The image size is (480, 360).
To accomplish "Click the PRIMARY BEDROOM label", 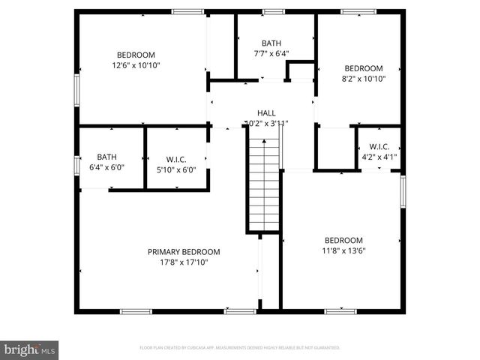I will click(184, 252).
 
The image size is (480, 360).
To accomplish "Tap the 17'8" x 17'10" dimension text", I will click(184, 262).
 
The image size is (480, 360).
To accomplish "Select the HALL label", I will click(266, 112).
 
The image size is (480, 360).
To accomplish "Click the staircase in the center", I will click(264, 180).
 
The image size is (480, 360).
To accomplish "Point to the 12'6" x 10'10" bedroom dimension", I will click(136, 65).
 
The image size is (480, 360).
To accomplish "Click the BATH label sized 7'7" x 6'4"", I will click(271, 43).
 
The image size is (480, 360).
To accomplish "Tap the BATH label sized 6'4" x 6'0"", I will click(106, 157).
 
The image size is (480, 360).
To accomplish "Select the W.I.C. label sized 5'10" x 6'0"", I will click(175, 159).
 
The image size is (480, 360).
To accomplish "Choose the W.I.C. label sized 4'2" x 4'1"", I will click(379, 147).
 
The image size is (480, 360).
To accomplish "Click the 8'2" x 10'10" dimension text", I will click(363, 78).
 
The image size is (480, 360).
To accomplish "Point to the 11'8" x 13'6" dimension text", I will click(343, 251).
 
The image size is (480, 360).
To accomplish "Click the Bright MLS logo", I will click(30, 349).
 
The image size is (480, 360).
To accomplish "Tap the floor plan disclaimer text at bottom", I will click(240, 348).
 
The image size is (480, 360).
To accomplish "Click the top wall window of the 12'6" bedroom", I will click(187, 11).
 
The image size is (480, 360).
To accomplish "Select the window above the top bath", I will click(273, 11).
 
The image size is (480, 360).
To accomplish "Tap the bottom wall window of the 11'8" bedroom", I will click(340, 310).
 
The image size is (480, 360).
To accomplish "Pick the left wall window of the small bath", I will click(76, 164).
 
